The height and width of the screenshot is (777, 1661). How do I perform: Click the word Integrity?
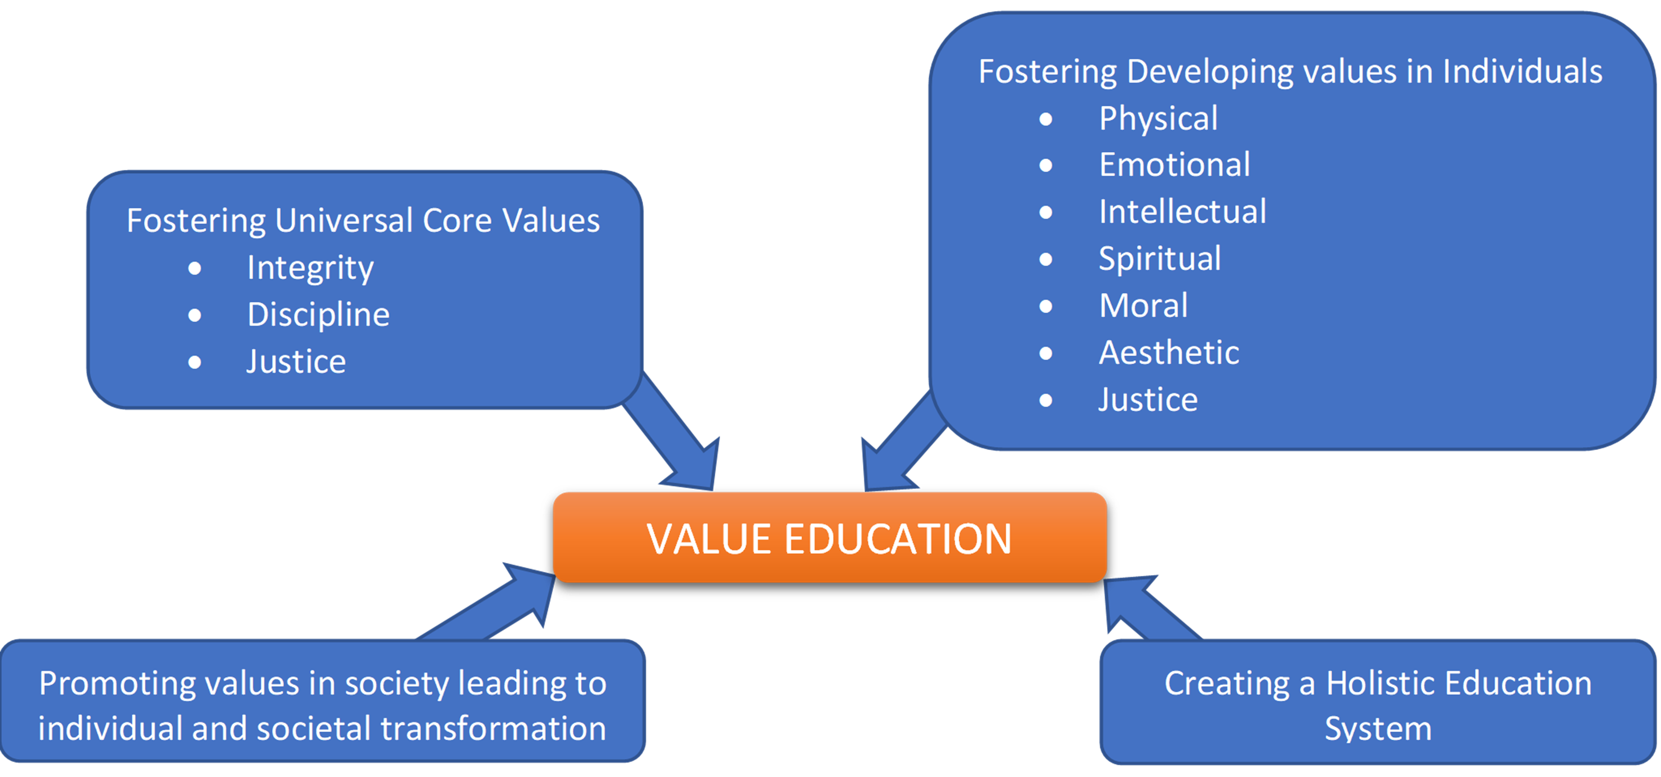point(310,268)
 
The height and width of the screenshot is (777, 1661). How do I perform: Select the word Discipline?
point(319,315)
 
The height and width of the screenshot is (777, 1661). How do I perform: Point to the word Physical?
point(1158,119)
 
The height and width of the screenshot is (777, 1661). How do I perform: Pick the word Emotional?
point(1174,165)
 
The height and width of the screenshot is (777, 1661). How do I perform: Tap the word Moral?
point(1143,306)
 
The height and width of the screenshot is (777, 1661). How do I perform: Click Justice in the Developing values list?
point(1148,400)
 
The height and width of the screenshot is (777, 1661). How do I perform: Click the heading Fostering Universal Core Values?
point(363,221)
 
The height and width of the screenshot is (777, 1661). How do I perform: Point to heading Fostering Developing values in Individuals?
point(1290,72)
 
